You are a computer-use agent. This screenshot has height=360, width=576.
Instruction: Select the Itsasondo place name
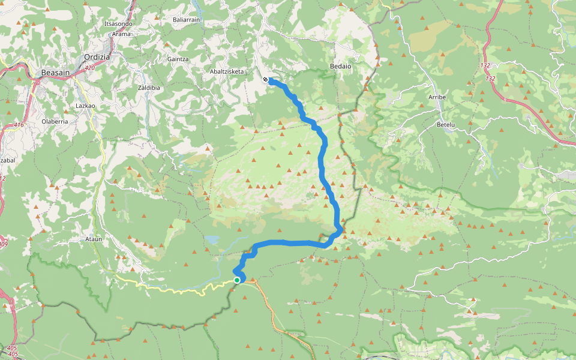coord(118,24)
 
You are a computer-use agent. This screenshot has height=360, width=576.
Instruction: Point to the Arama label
coord(121,34)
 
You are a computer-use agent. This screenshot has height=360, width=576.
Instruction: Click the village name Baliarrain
coord(186,20)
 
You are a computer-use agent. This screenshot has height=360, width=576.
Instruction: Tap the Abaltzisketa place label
coord(226,71)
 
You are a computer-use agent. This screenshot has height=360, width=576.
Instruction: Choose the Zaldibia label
coord(149,88)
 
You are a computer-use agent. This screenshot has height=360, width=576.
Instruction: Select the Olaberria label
coord(54,121)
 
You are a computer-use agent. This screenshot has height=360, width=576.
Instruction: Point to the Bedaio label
coord(340,66)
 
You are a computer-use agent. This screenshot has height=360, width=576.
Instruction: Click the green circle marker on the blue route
coord(238,280)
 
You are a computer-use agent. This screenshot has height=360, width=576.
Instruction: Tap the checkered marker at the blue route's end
coord(265,79)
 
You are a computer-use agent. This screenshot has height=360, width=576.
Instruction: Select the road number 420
coord(90,68)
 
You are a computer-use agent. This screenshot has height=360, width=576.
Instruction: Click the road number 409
coord(3,244)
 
